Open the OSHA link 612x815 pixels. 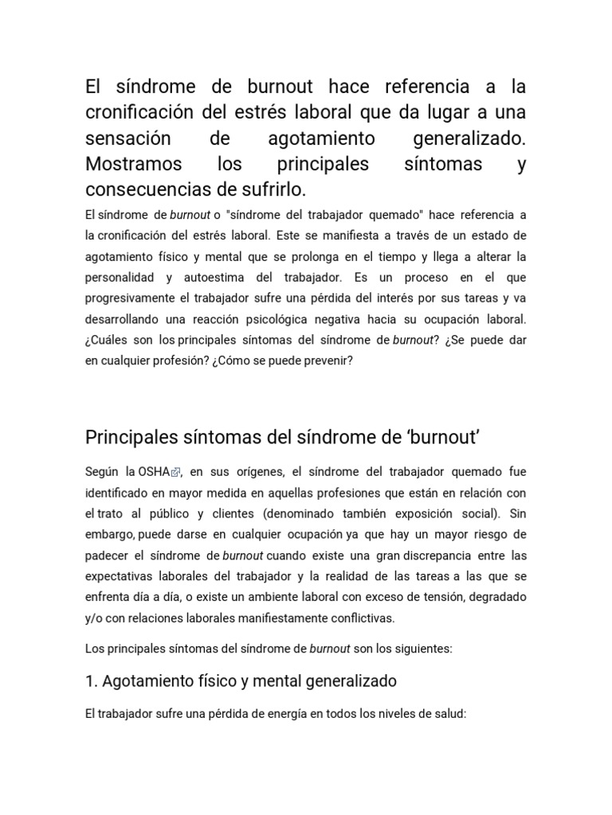coord(154,472)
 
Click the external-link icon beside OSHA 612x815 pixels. coord(175,473)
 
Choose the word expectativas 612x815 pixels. coord(120,575)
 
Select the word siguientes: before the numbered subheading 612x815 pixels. coord(422,649)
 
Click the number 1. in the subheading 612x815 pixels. coord(91,681)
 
